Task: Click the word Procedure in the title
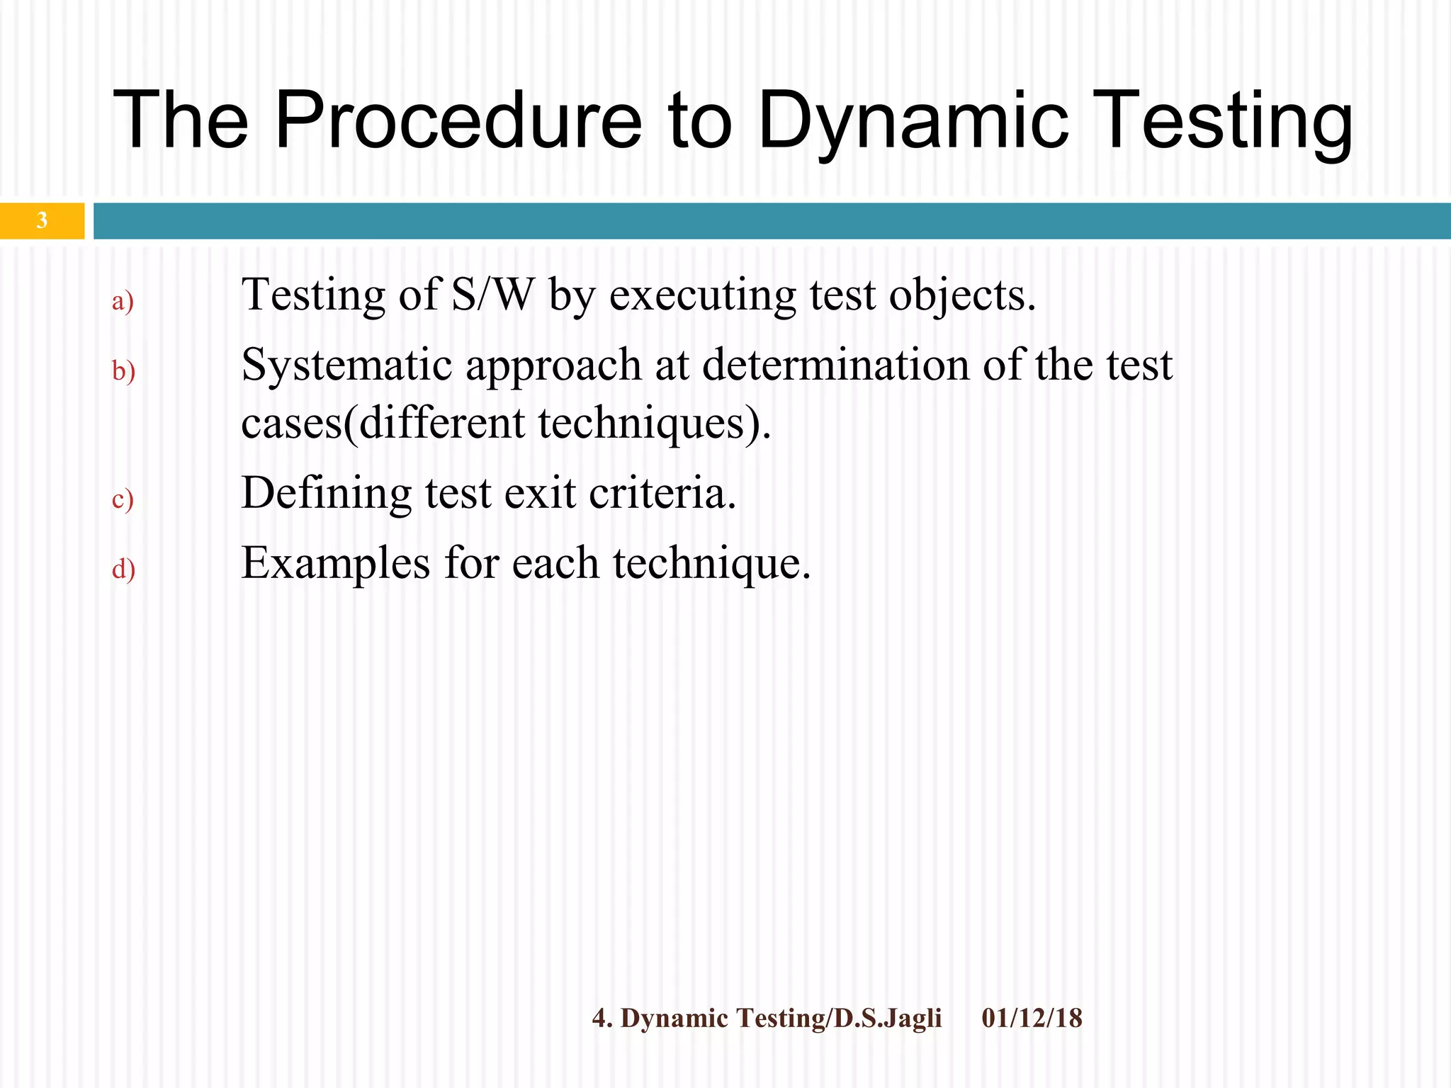pyautogui.click(x=458, y=120)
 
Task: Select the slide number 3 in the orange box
pyautogui.click(x=42, y=220)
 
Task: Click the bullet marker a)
pyautogui.click(x=123, y=301)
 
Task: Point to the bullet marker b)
pyautogui.click(x=123, y=370)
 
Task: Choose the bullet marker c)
pyautogui.click(x=123, y=499)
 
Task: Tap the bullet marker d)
pyautogui.click(x=123, y=568)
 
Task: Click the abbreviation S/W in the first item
pyautogui.click(x=492, y=294)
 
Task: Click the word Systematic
pyautogui.click(x=346, y=365)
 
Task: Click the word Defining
pyautogui.click(x=326, y=494)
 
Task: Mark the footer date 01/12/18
pyautogui.click(x=1032, y=1018)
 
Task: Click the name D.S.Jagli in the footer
pyautogui.click(x=888, y=1018)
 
